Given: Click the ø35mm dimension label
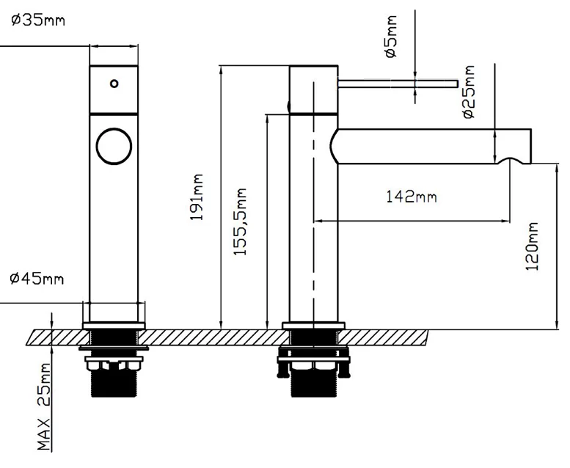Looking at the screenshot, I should [37, 20].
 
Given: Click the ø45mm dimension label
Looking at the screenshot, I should [37, 279].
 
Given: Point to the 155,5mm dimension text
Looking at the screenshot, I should [240, 221].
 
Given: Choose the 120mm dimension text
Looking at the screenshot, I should [533, 247].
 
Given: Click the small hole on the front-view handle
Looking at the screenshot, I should [114, 84].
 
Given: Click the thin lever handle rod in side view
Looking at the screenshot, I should [396, 82].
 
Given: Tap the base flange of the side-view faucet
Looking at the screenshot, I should [313, 325].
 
